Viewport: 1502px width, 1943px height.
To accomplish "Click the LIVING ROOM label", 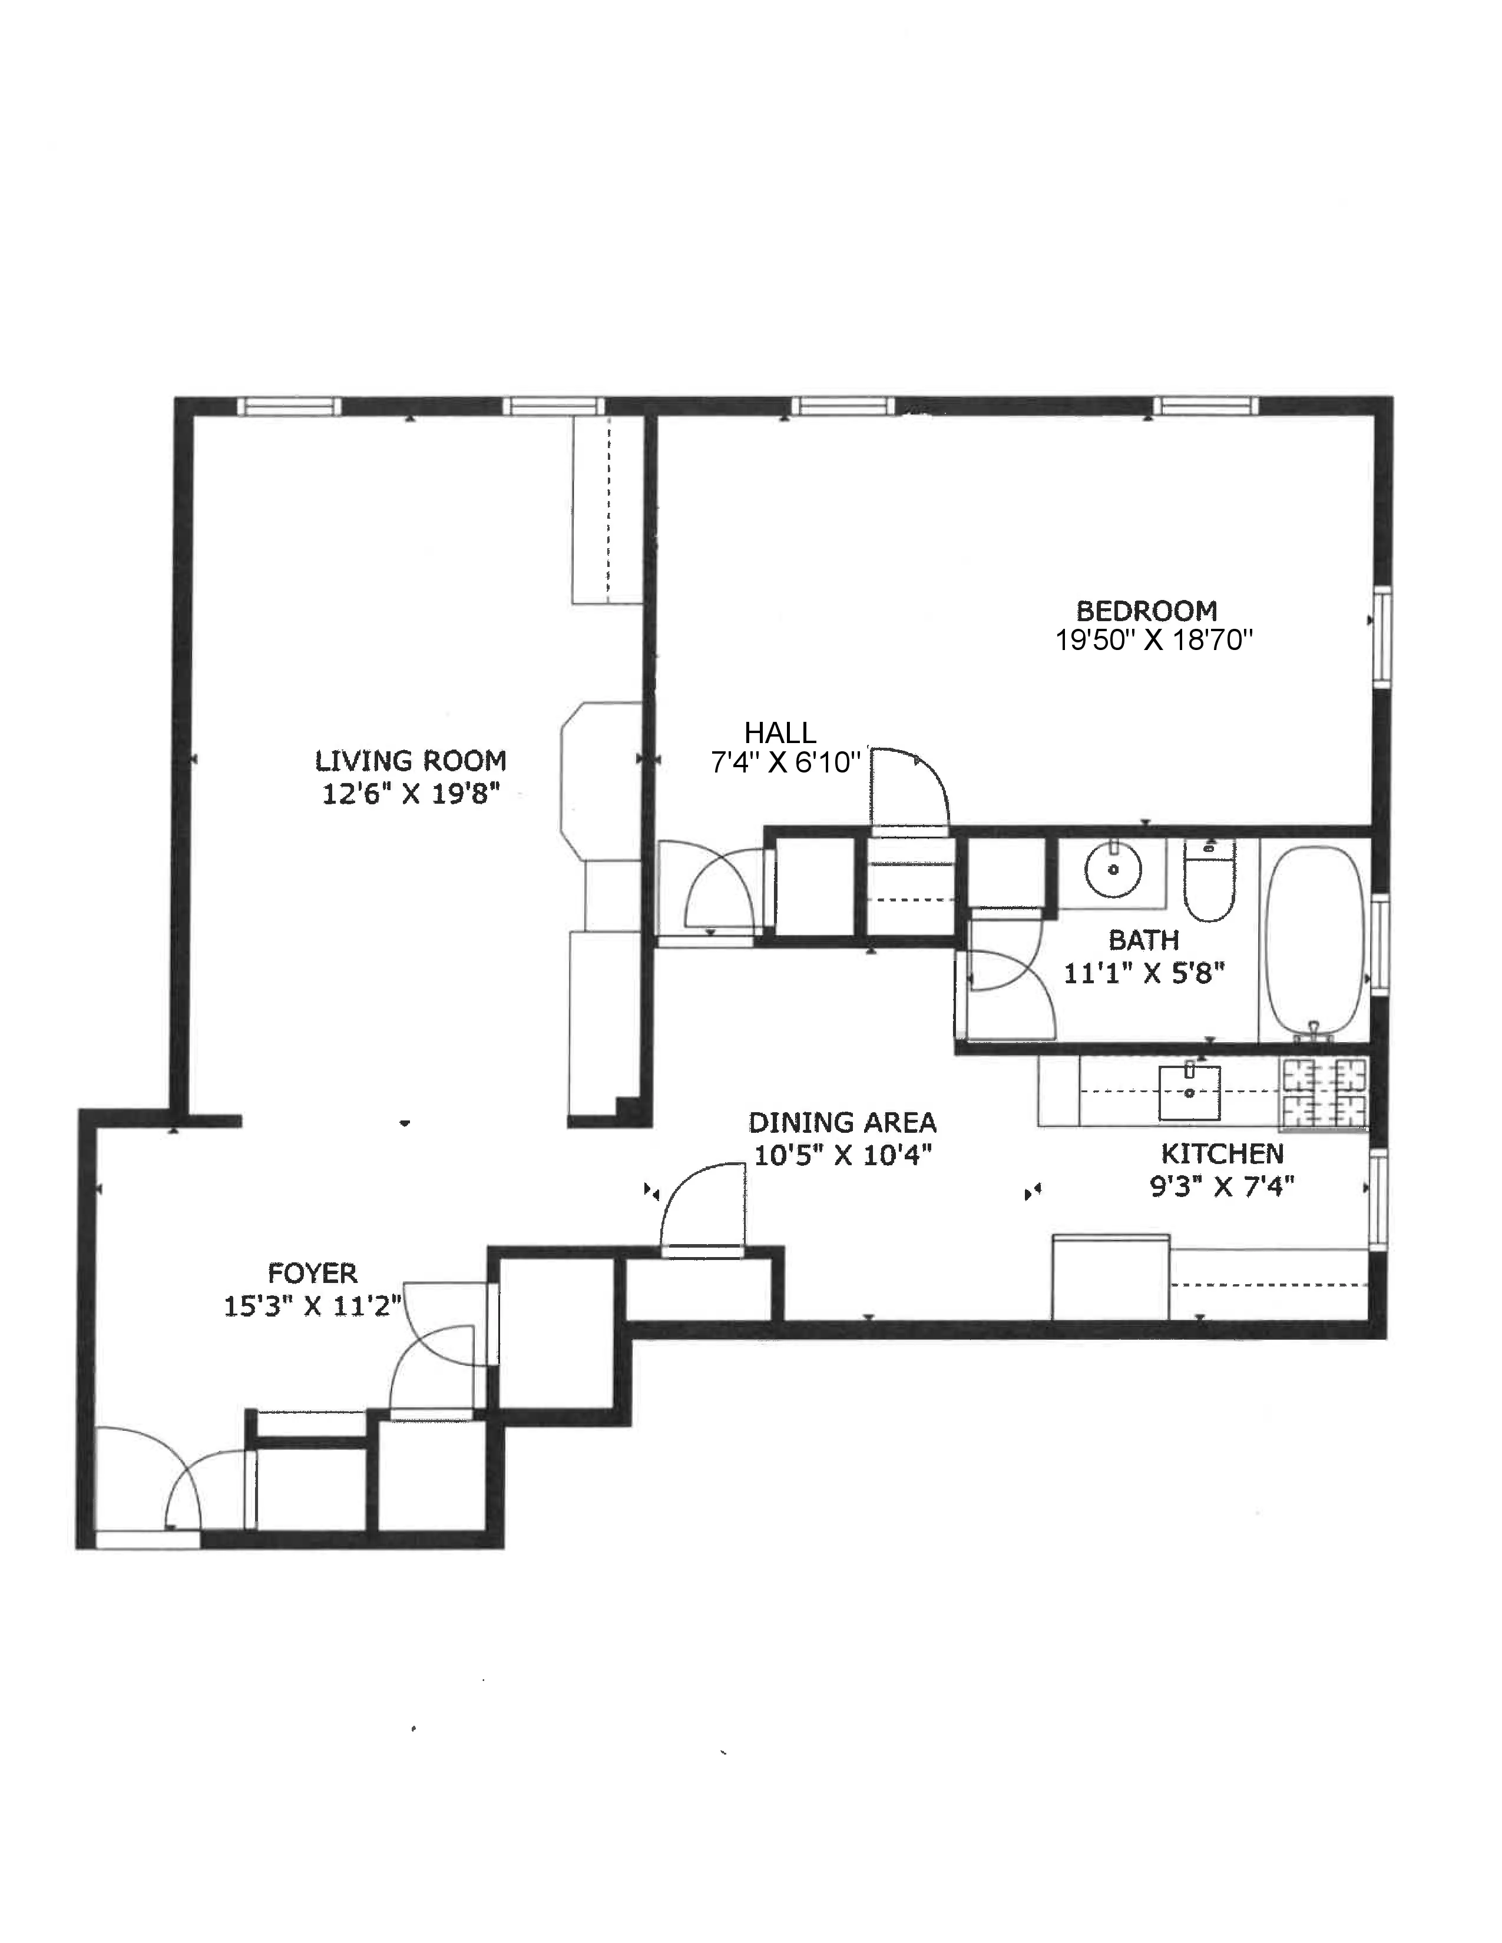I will [410, 761].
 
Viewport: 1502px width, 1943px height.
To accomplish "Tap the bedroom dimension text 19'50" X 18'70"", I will [1153, 641].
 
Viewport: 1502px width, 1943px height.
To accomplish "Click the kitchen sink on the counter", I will [1189, 1092].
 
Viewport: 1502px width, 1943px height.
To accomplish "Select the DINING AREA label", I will [842, 1123].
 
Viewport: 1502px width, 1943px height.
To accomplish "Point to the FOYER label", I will [312, 1273].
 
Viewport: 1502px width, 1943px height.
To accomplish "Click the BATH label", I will [1143, 940].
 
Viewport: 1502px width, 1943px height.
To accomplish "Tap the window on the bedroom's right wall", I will [1382, 637].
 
